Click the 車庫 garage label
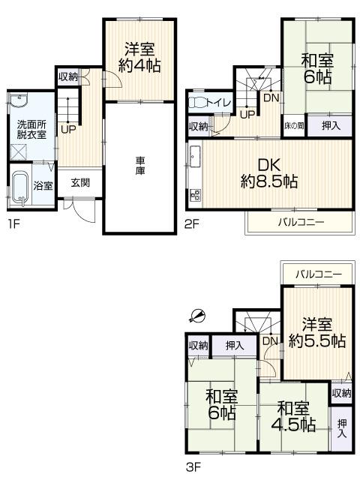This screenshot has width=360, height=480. [140, 165]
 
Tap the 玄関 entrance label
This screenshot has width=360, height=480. [80, 182]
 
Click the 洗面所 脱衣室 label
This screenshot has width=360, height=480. [31, 130]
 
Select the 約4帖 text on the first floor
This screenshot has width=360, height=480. [139, 64]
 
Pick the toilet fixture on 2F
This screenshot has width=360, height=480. [198, 103]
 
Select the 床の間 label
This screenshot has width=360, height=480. [293, 126]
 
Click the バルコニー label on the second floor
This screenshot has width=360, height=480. [301, 222]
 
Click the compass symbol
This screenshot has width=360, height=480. [198, 316]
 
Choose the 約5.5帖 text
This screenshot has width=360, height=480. [318, 340]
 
